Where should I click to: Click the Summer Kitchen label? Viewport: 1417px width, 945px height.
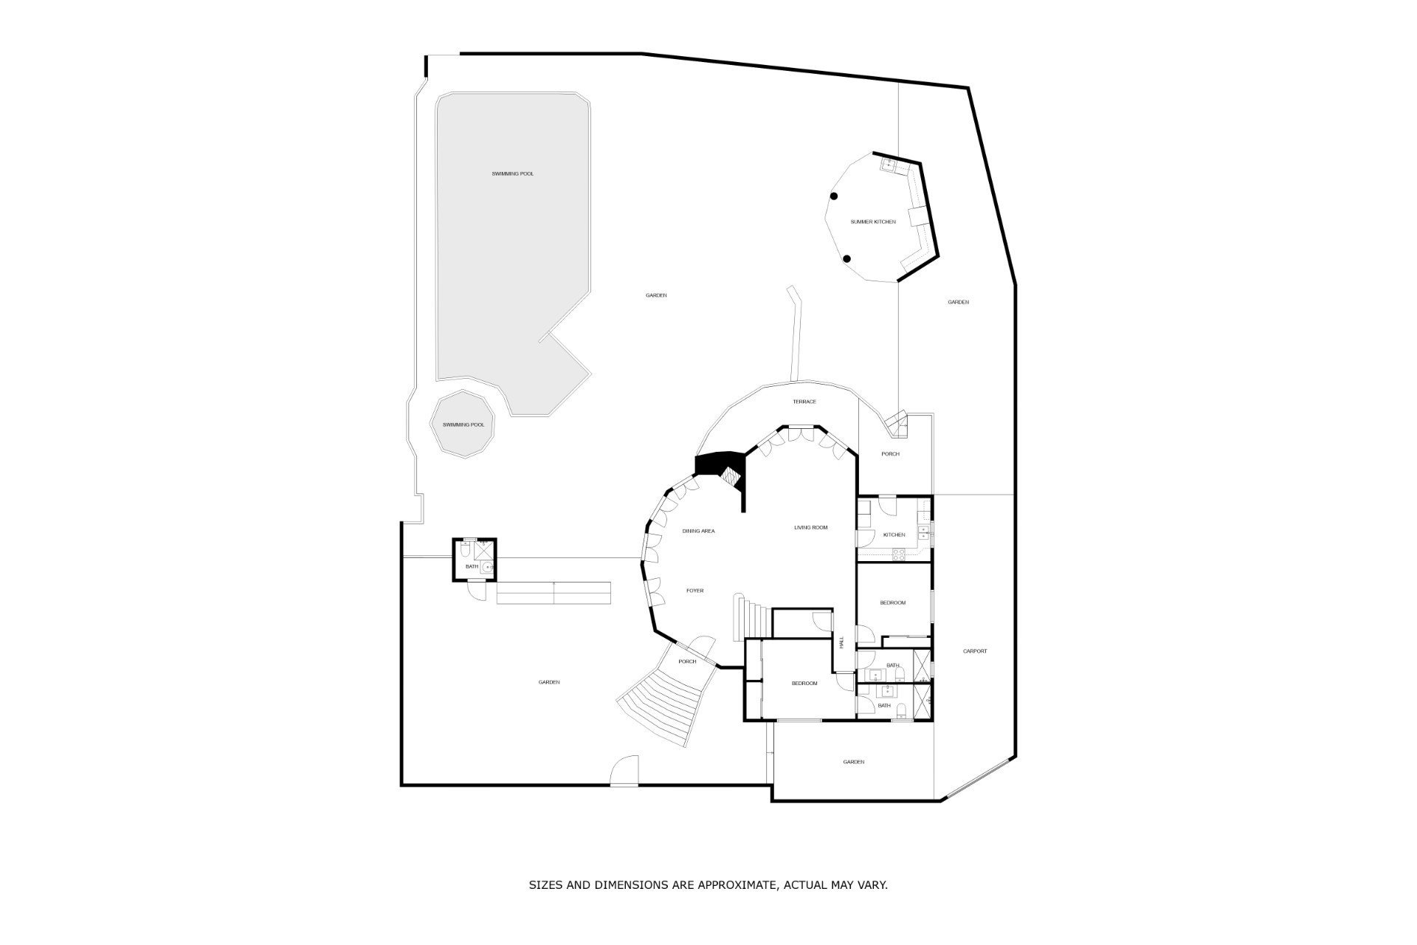coord(873,222)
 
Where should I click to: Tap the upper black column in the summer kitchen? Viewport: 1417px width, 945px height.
coord(834,196)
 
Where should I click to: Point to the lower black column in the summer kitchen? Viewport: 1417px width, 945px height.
coord(847,259)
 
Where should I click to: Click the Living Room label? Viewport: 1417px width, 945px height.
coord(810,528)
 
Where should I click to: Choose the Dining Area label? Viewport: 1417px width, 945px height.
coord(698,532)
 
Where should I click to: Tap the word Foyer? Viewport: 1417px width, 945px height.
coord(694,591)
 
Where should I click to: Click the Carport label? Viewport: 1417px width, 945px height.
coord(975,651)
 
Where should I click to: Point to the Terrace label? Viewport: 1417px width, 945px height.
coord(804,402)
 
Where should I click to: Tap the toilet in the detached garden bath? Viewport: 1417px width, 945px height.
coord(463,550)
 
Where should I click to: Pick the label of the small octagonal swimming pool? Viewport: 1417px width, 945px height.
coord(463,425)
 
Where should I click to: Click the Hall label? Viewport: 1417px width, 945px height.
coord(841,642)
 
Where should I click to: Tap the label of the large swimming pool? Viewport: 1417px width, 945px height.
coord(512,174)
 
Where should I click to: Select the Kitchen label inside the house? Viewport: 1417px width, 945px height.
coord(894,535)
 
